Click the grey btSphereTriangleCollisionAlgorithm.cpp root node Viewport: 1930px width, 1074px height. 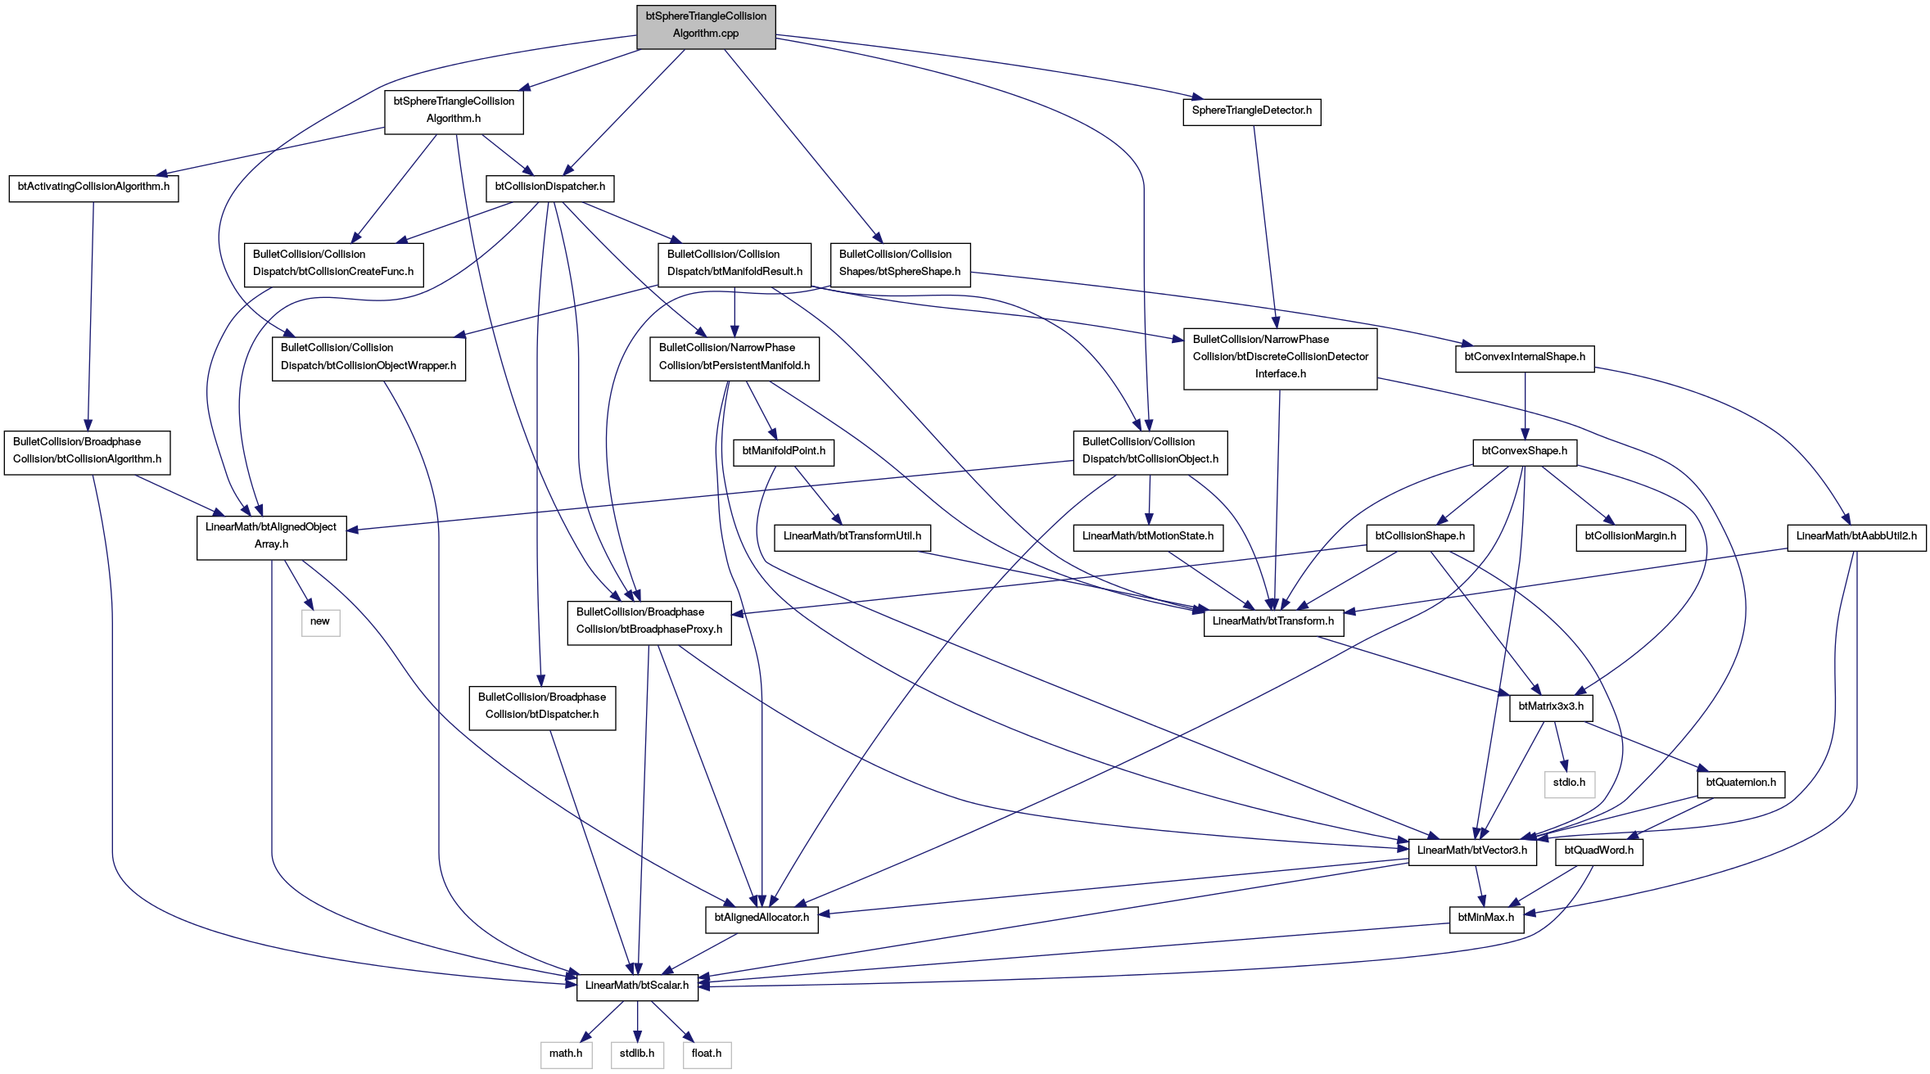tap(706, 27)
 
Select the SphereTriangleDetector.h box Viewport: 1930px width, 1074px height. tap(1251, 111)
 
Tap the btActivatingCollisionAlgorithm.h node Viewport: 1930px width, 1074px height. tap(93, 187)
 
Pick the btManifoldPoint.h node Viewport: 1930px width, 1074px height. tap(784, 452)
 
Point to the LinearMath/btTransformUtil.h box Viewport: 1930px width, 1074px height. tap(852, 537)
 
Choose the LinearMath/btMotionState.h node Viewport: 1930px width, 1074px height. tap(1148, 537)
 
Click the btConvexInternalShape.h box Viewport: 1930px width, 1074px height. tap(1525, 358)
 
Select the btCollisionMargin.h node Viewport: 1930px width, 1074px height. tap(1630, 537)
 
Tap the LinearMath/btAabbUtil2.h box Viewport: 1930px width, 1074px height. tap(1856, 537)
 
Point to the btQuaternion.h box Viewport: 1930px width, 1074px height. tap(1741, 783)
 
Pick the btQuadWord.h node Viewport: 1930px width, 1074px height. tap(1598, 851)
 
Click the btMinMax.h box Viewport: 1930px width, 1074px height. tap(1486, 918)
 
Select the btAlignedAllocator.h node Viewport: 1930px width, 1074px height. tap(762, 918)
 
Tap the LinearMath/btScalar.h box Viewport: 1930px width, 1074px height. tap(637, 986)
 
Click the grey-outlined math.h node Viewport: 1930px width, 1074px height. tap(566, 1054)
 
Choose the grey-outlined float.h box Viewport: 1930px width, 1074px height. tap(707, 1054)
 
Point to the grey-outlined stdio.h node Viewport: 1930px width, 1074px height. tap(1569, 783)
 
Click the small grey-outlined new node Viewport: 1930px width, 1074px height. tap(320, 622)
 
